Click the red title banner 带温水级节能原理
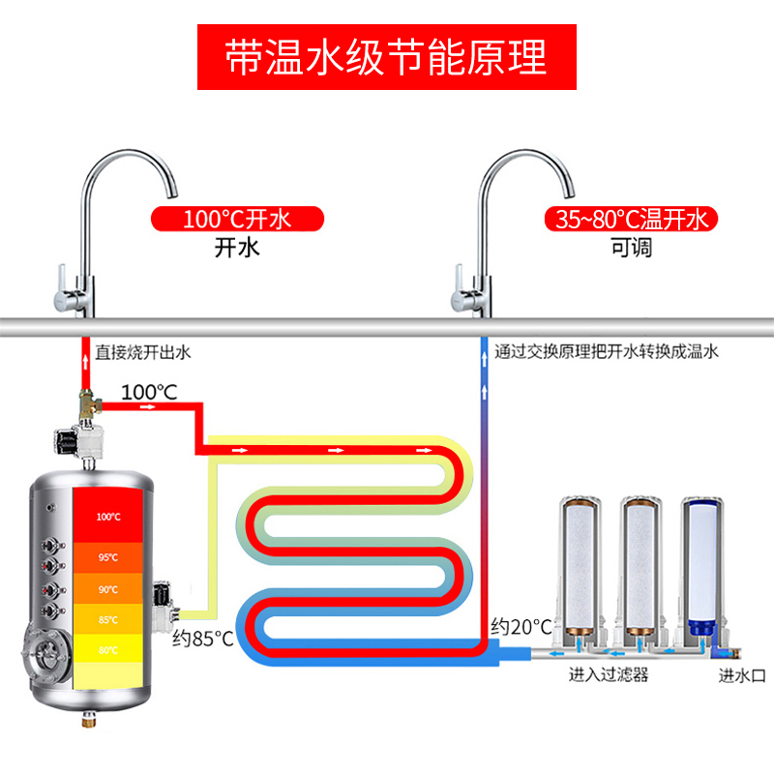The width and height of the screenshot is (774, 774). click(x=387, y=57)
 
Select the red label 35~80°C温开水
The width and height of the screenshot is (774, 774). click(x=630, y=219)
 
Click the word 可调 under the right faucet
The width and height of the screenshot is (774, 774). click(x=631, y=248)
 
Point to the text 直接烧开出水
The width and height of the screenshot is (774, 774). click(x=142, y=352)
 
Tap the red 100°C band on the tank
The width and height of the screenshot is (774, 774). click(x=108, y=517)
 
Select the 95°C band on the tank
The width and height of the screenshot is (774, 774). click(x=108, y=558)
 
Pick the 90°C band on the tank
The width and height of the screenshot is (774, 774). click(x=108, y=589)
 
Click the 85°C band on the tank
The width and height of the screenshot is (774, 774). click(x=108, y=620)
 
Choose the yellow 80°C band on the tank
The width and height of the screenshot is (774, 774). click(x=108, y=649)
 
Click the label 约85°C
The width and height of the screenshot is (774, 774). click(x=203, y=639)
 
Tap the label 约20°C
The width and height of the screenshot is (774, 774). click(x=514, y=626)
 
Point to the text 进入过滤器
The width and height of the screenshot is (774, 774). click(x=608, y=675)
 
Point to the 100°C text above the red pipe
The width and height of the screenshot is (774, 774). click(x=149, y=393)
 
